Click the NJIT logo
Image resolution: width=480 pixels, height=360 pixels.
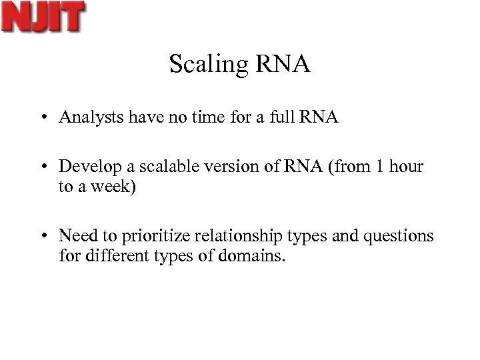44,17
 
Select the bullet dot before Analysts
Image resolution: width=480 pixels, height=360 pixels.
42,119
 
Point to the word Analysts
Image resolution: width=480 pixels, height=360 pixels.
87,118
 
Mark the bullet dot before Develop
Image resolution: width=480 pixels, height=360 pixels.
42,167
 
